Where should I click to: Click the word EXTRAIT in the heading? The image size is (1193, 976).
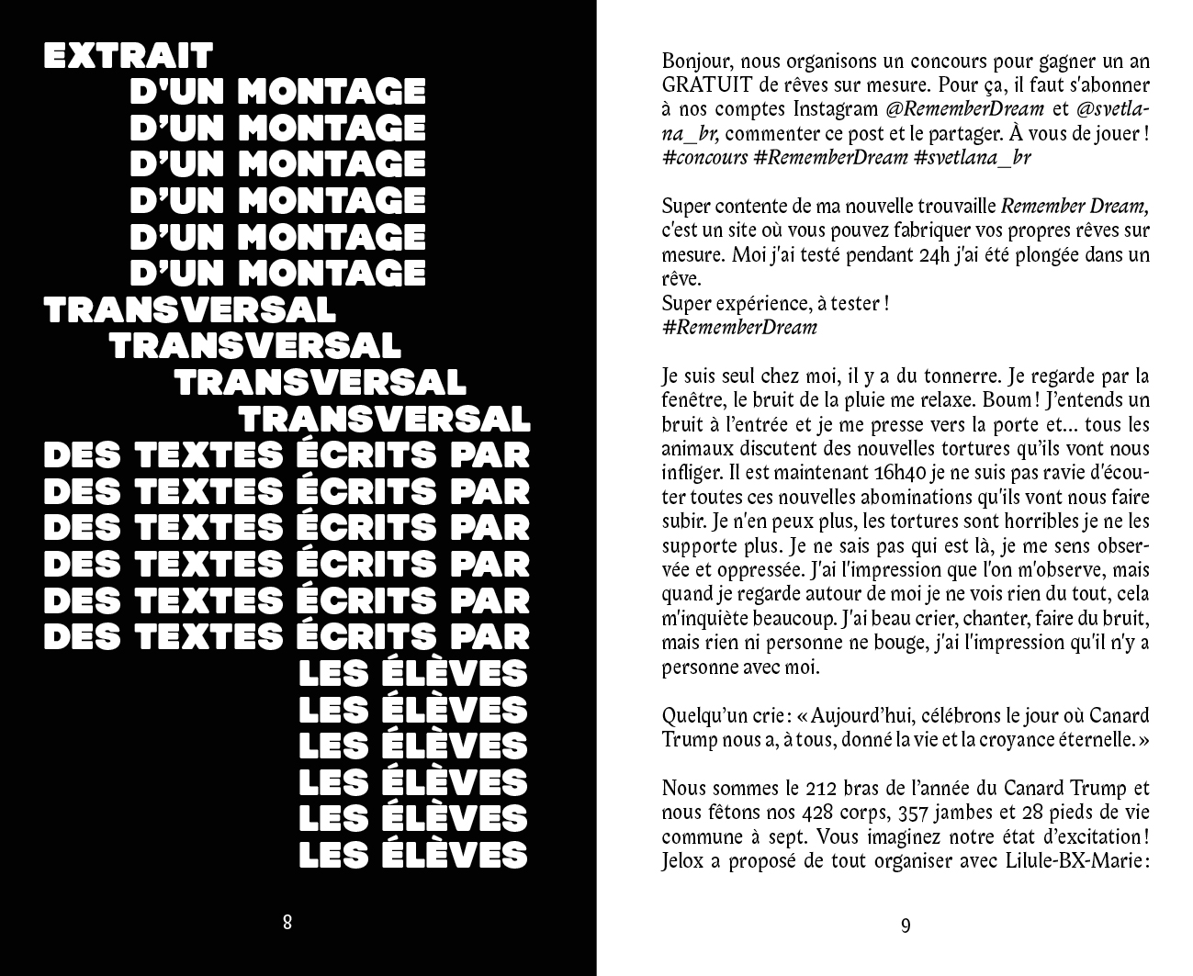129,55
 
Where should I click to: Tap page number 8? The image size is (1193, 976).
287,922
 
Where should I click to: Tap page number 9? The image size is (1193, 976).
906,925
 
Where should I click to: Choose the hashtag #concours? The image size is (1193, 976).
704,157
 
